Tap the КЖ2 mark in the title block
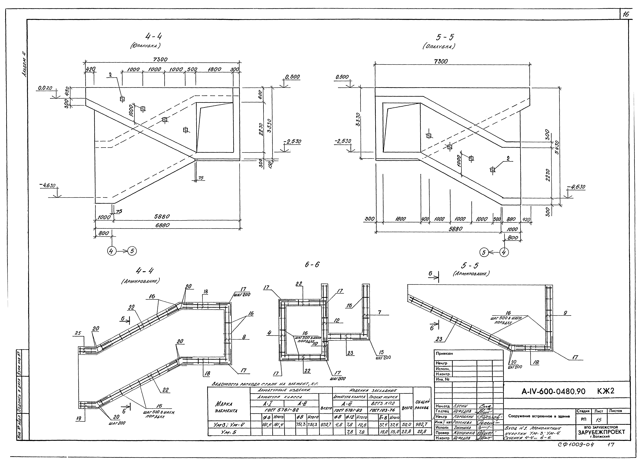[606, 391]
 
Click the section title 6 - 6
[312, 265]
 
